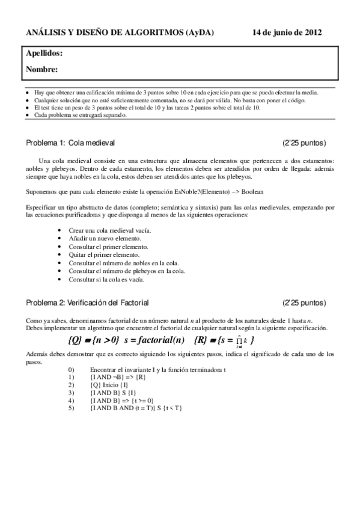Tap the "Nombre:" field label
[41, 70]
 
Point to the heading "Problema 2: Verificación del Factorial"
[87, 302]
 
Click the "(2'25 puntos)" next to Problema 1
[304, 143]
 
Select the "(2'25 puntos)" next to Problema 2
[304, 302]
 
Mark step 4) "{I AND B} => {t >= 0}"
[120, 400]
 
